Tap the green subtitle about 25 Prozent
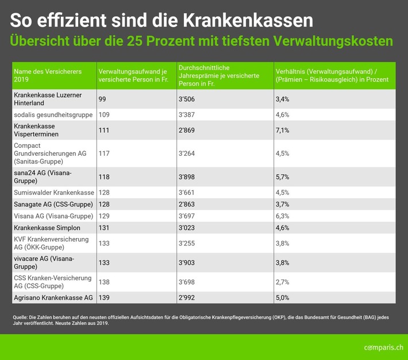[202, 42]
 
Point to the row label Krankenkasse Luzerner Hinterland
[48, 99]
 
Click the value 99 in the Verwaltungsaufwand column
[103, 99]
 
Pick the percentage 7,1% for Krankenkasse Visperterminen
[283, 130]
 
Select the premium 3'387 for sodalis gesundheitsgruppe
[188, 114]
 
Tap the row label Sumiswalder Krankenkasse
[53, 192]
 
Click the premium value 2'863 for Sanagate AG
[188, 204]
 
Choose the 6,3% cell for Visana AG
[283, 216]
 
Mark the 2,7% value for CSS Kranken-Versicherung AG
[283, 282]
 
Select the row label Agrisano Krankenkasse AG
[53, 298]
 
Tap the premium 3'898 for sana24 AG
[188, 177]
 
